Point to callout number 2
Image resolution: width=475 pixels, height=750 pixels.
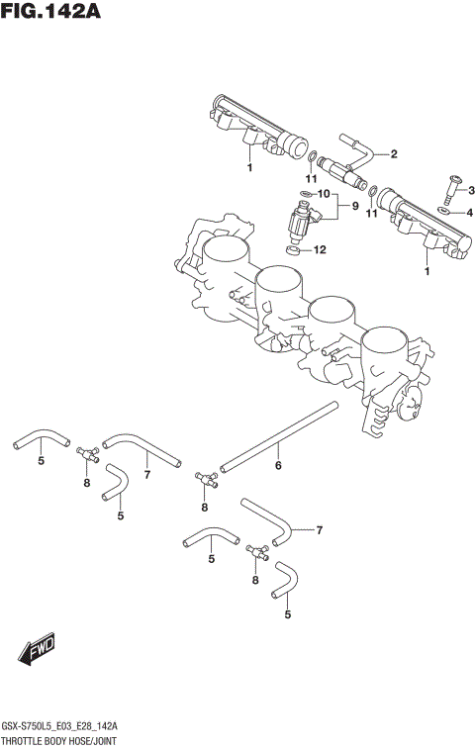pos(393,153)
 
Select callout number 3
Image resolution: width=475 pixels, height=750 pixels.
pos(471,190)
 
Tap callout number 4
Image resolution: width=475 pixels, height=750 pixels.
pos(470,212)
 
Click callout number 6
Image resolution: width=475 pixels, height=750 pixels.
pos(278,465)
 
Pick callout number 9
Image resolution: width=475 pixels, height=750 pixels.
pos(342,208)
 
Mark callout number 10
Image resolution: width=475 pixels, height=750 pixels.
pos(323,194)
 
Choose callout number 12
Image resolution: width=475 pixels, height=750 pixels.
pos(319,250)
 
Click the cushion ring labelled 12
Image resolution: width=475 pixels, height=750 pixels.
pos(293,249)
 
